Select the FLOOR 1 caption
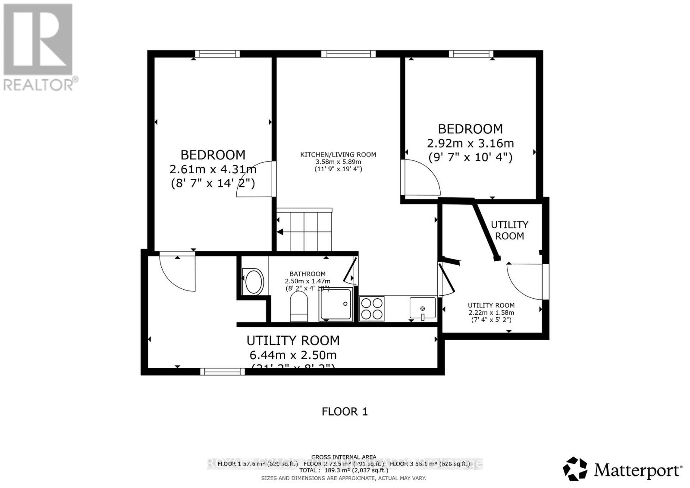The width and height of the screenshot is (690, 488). tap(345, 411)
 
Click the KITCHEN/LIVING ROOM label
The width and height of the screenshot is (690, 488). tap(338, 154)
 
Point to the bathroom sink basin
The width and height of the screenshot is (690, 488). tap(253, 282)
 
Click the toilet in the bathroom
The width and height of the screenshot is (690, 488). tap(299, 307)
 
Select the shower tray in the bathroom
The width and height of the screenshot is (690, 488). tap(336, 304)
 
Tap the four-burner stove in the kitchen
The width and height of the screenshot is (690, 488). tap(372, 308)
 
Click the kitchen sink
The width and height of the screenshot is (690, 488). tap(422, 308)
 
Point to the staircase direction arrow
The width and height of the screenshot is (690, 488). tap(280, 232)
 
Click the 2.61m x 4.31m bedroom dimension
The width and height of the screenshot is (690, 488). tap(213, 169)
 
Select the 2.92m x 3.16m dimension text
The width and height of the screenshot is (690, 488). tap(470, 143)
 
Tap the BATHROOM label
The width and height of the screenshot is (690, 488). tap(307, 274)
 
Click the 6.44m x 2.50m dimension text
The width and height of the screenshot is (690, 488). tap(293, 355)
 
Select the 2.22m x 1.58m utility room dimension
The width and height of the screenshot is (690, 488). tap(491, 313)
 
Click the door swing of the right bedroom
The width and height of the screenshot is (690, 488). tap(420, 177)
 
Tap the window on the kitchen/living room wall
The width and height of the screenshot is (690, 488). tap(348, 54)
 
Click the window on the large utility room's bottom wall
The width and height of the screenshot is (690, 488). tap(223, 371)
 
